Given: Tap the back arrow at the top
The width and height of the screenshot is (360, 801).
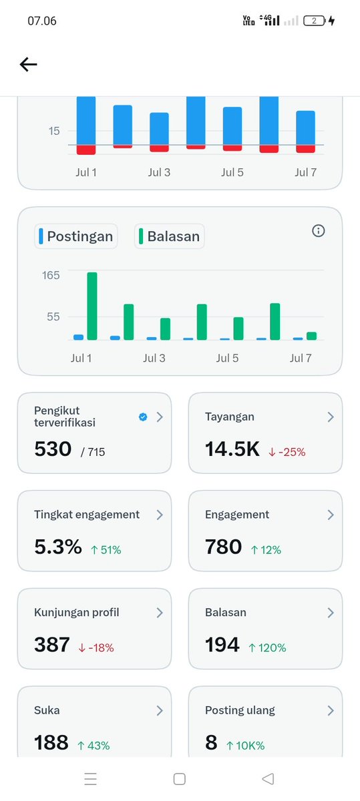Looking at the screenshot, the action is [28, 64].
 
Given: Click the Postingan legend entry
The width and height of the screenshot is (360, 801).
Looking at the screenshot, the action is [76, 236].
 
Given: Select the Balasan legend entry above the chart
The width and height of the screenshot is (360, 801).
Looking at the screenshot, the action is [169, 236].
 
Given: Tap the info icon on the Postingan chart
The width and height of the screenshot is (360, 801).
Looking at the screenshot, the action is [318, 231].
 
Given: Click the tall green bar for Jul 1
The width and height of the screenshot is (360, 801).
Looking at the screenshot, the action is [92, 306].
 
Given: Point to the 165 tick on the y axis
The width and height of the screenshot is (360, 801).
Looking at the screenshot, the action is [51, 275].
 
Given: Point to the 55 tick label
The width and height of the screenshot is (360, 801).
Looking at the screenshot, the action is [53, 317].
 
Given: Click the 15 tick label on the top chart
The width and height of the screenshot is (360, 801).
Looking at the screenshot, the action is [54, 131].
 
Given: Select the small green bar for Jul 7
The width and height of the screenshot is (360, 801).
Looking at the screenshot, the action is [311, 336].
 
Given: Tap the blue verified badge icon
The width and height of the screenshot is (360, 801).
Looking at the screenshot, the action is [143, 417].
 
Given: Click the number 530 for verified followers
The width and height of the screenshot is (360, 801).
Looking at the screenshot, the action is [53, 449].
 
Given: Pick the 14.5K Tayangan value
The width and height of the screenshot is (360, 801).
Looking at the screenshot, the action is [232, 449].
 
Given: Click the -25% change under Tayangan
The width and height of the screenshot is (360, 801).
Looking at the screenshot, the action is [287, 452].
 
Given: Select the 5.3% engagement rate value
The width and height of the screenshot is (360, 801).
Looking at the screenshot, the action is [58, 547].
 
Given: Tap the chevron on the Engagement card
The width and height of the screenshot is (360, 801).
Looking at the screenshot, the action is [331, 515].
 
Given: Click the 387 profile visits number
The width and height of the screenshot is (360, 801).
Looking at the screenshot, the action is [52, 644].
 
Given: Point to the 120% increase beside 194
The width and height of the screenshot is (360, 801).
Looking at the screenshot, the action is [267, 647].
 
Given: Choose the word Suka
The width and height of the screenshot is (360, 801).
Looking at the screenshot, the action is [47, 710].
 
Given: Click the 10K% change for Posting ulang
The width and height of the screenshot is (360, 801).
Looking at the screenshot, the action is [246, 746].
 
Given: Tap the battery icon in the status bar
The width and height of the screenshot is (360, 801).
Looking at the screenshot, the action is [314, 21].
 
